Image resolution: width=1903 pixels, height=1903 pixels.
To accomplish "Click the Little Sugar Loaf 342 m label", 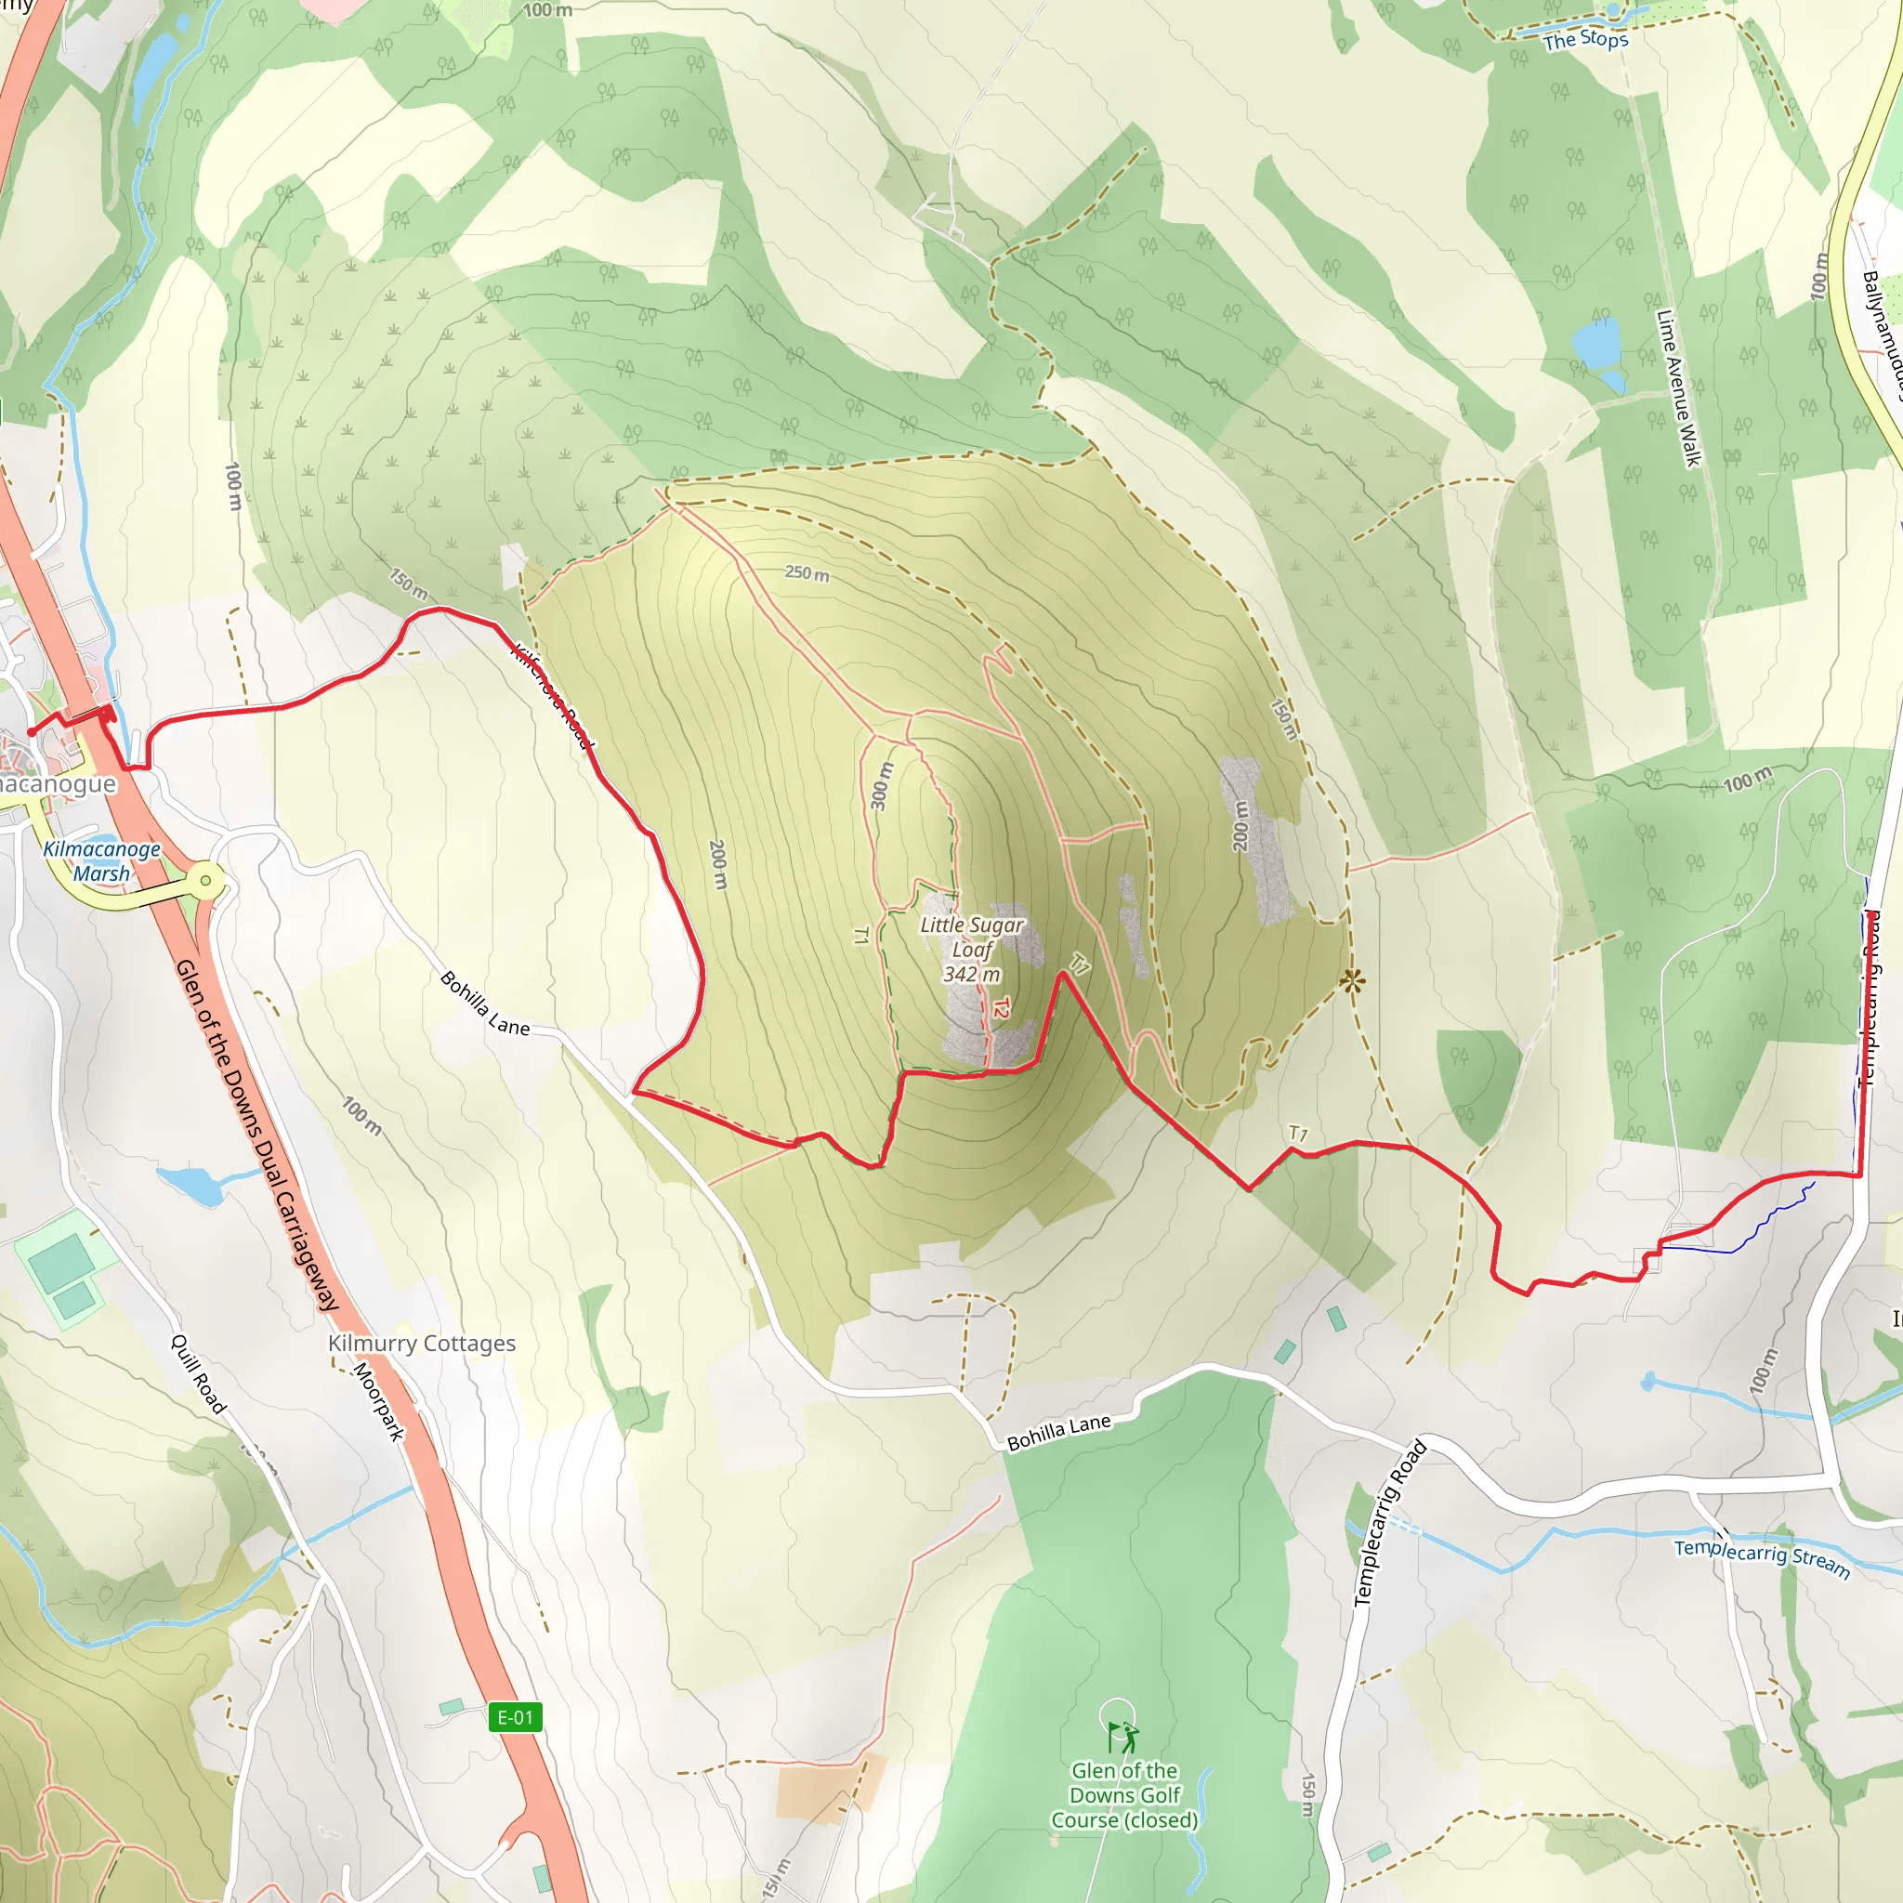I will click(x=971, y=950).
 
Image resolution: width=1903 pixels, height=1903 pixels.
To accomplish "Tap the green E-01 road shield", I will click(x=515, y=1718).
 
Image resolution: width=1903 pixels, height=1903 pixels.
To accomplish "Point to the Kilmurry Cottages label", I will click(x=422, y=1344).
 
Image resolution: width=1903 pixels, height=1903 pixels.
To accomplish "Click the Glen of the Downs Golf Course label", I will click(x=1125, y=1794).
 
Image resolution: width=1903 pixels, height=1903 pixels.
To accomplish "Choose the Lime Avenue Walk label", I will click(x=1678, y=388).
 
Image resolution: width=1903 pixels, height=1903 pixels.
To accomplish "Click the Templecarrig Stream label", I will click(x=1761, y=1558).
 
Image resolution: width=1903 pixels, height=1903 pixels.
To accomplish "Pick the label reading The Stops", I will click(x=1586, y=40).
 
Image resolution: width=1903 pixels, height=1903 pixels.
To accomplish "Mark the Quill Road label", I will click(x=198, y=1374).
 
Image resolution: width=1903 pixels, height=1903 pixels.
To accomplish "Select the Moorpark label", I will click(x=379, y=1401).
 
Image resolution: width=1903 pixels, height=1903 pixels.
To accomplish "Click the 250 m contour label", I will click(x=807, y=573).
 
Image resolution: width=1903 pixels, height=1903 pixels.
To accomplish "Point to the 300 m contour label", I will click(x=882, y=786).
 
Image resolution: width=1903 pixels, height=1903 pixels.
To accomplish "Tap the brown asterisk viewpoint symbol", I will click(x=1353, y=980).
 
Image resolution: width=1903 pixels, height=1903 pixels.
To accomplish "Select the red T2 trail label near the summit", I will click(x=1002, y=1008).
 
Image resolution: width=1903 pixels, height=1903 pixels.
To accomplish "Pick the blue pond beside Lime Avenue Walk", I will click(x=1595, y=345).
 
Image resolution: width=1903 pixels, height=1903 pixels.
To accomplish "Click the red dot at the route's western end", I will click(x=32, y=732).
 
